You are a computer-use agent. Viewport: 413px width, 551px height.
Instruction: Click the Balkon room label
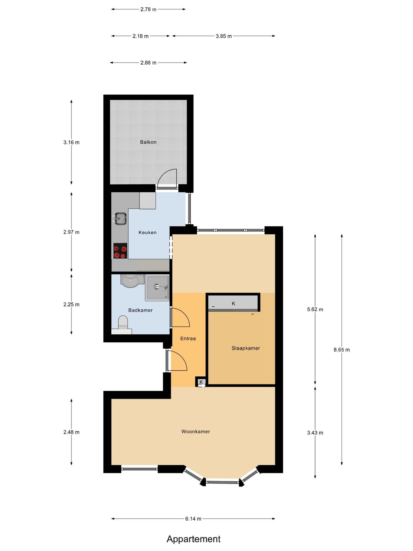[x=148, y=142]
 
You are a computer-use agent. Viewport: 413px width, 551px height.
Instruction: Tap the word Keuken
[x=147, y=232]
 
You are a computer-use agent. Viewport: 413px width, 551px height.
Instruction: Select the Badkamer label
[x=140, y=310]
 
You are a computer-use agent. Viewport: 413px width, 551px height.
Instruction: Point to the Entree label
[x=188, y=338]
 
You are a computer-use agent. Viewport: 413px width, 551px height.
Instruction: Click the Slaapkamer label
[x=246, y=348]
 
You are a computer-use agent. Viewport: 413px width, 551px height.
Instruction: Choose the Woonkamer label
[x=195, y=432]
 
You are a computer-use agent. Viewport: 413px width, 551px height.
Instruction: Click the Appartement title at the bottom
[x=193, y=531]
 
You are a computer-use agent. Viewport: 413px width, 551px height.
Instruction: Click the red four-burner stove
[x=120, y=251]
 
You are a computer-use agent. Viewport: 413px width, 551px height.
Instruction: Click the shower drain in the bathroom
[x=157, y=287]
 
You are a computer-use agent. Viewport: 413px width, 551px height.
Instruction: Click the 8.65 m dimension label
[x=341, y=350]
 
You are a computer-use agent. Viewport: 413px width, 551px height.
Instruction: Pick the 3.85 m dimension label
[x=223, y=36]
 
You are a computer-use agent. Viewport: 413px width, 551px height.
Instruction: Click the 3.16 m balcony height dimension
[x=71, y=142]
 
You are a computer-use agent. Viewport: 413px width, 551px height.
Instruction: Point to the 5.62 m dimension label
[x=315, y=309]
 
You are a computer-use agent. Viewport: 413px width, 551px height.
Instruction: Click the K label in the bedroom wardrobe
[x=233, y=303]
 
